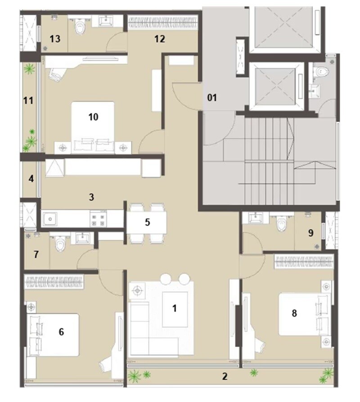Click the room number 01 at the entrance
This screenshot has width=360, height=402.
[212, 97]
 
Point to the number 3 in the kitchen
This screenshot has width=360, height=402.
[91, 197]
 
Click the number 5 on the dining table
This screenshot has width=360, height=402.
[147, 222]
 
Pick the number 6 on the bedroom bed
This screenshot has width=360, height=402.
[61, 332]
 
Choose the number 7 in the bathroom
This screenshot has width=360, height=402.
[36, 255]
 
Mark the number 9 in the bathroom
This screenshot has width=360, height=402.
[310, 233]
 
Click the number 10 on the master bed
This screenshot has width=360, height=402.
[93, 117]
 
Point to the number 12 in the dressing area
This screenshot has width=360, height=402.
[159, 39]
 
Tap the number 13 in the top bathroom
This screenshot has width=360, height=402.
[55, 39]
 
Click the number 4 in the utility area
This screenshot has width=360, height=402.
[31, 179]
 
